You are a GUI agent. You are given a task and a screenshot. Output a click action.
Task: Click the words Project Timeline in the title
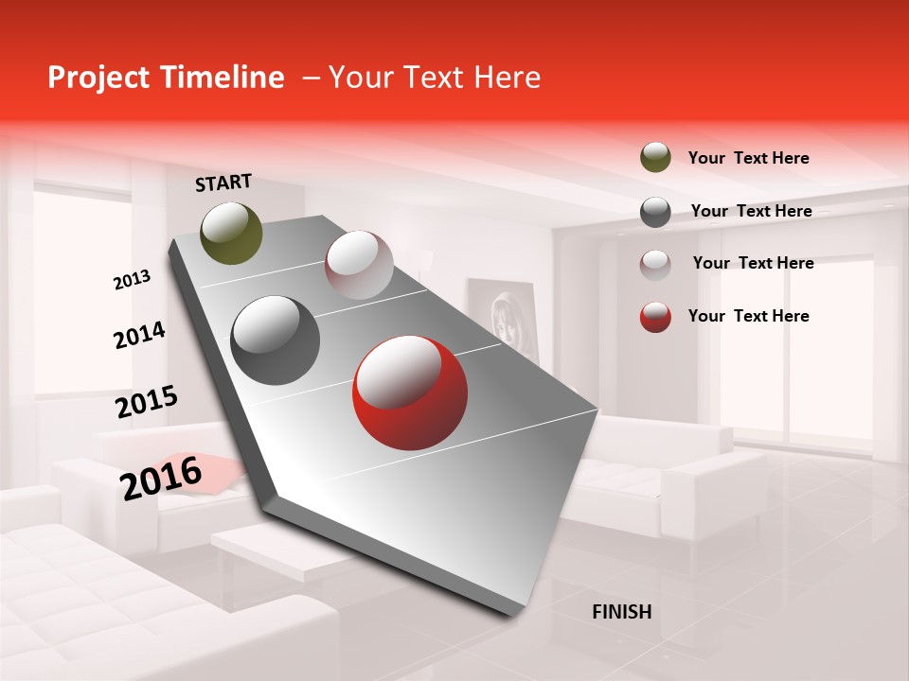(x=166, y=78)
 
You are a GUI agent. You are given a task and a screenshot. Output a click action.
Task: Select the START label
(x=223, y=183)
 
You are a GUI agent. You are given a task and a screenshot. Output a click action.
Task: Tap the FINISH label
(x=621, y=612)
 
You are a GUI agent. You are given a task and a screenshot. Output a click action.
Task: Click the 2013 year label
(x=132, y=280)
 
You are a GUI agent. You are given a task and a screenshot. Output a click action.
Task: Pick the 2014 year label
(x=139, y=335)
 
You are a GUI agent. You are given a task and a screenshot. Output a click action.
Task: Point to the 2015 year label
(x=146, y=401)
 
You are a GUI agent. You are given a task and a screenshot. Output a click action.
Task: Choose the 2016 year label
(x=161, y=478)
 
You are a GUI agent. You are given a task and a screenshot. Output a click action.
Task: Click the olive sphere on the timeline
(x=232, y=233)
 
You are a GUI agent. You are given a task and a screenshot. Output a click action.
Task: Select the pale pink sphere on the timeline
(x=359, y=265)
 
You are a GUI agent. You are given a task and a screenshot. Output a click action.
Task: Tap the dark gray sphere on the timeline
(x=276, y=340)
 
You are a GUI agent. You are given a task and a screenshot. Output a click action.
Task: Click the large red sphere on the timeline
(x=409, y=392)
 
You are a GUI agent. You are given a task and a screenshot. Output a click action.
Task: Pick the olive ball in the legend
(x=655, y=158)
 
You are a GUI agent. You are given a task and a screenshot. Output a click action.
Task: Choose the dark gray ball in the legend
(x=655, y=212)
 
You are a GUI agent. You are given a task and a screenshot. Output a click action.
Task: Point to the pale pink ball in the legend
(x=655, y=264)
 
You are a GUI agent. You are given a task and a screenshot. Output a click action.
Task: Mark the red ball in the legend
(x=655, y=317)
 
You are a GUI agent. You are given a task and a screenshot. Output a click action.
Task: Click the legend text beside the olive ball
(x=748, y=159)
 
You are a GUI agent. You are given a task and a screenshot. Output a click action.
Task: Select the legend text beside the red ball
(x=748, y=316)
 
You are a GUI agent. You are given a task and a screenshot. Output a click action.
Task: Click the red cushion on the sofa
(x=223, y=471)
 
